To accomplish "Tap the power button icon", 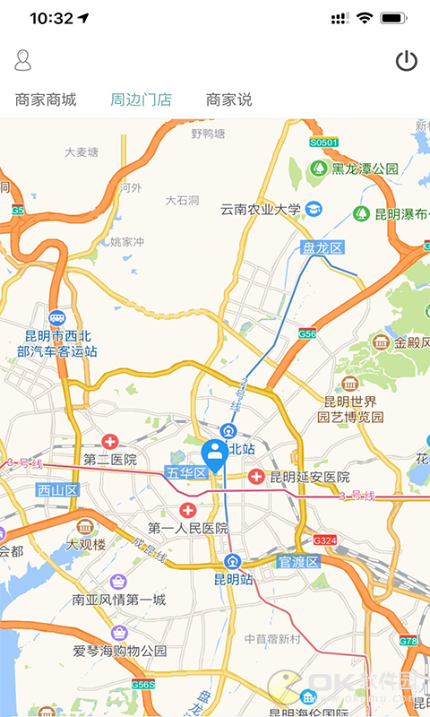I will point(407,61).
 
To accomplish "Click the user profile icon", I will point(23,61).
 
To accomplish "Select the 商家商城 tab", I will point(46,99).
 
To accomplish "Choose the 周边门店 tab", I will point(141,99).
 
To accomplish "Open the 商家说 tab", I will point(229,99).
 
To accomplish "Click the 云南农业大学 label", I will point(262,209).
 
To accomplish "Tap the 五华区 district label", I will point(186,472).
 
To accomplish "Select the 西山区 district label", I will point(58,489).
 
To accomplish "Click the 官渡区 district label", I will point(297,562).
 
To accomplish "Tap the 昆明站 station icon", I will point(233,562).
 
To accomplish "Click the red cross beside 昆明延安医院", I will point(256,477).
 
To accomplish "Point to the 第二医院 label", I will point(110,460).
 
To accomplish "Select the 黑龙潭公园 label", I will point(365,168).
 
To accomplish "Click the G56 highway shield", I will point(307,333).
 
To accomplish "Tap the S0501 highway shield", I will point(324,143).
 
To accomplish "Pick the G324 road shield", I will point(324,540).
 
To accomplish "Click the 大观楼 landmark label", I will point(86,544).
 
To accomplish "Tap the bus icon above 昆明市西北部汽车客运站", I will point(57,318).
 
